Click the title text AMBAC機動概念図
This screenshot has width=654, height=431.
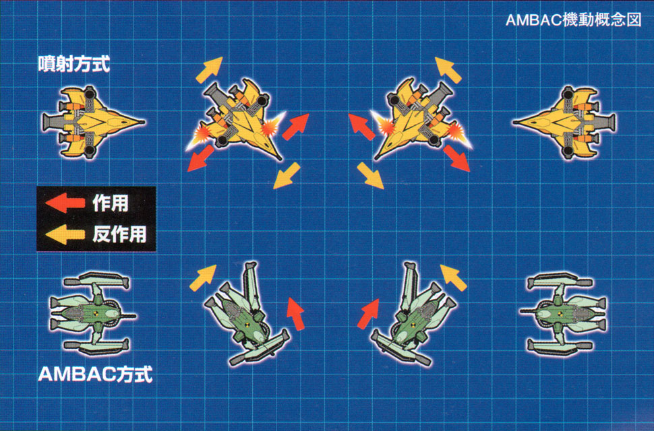click(x=572, y=19)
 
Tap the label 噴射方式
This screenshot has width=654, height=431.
click(x=74, y=65)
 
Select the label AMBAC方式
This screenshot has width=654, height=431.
click(x=95, y=374)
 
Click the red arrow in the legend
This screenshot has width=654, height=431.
click(x=65, y=203)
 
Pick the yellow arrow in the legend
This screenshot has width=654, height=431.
click(x=65, y=234)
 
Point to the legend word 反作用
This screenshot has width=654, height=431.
click(x=119, y=234)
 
